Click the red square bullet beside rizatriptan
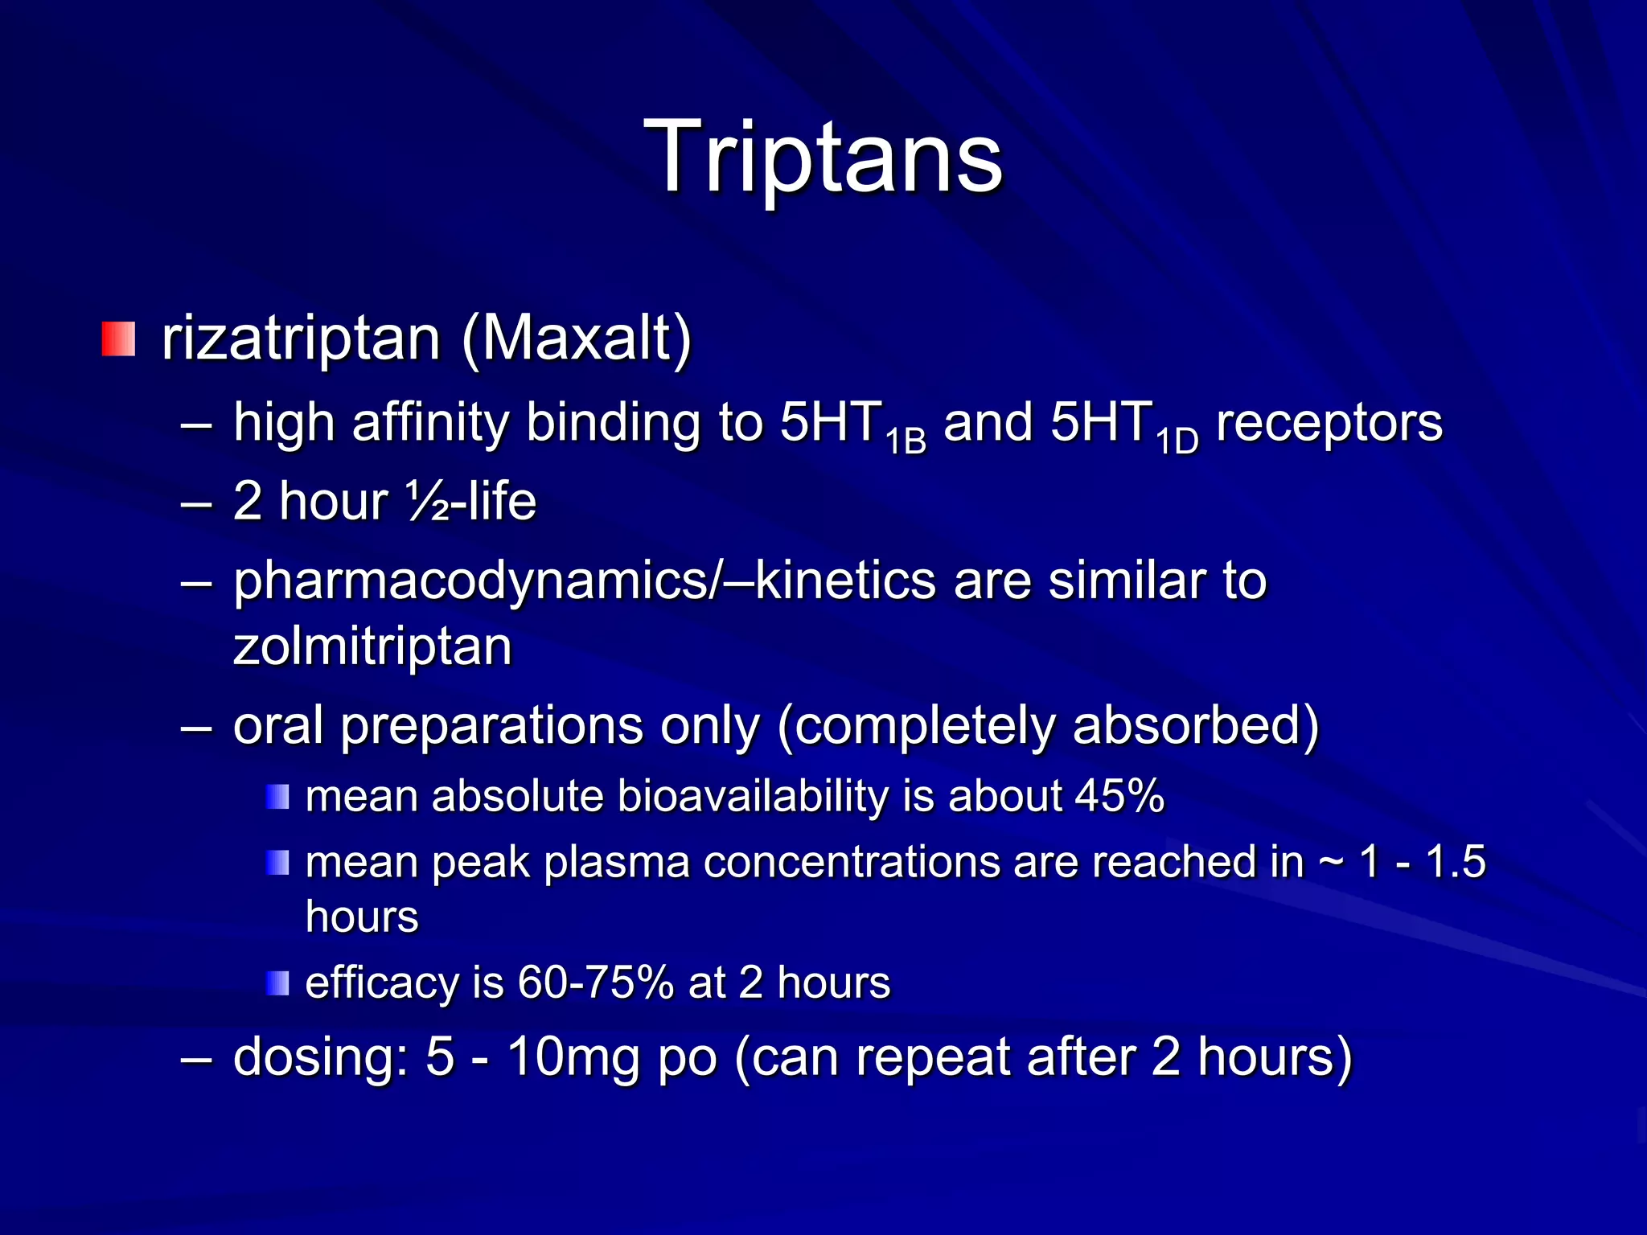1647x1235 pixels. tap(118, 338)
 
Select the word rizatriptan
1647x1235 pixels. tap(301, 338)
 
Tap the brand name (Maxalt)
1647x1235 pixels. tap(577, 338)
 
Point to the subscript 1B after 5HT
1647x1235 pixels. tap(906, 441)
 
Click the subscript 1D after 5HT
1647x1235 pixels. tap(1177, 441)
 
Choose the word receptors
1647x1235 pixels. tap(1329, 423)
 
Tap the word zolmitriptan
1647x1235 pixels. tap(372, 646)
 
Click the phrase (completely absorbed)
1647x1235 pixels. tap(1048, 725)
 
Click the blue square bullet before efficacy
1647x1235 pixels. tap(277, 983)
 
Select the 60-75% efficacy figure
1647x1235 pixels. tap(595, 983)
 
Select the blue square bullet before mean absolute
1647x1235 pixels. tap(277, 797)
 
